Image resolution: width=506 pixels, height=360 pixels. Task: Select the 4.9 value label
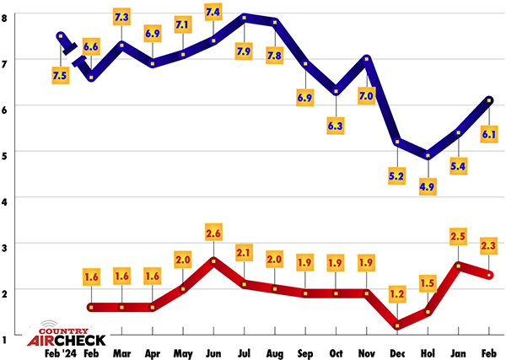(428, 185)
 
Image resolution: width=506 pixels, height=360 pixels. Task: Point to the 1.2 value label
(396, 293)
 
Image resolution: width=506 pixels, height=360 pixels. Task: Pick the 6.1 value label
(488, 134)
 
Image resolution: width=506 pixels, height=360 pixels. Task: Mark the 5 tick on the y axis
(7, 153)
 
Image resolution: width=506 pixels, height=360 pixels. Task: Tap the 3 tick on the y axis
(7, 244)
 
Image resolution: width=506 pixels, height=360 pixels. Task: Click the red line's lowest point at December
(396, 326)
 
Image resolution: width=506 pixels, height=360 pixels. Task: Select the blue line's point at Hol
(428, 155)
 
